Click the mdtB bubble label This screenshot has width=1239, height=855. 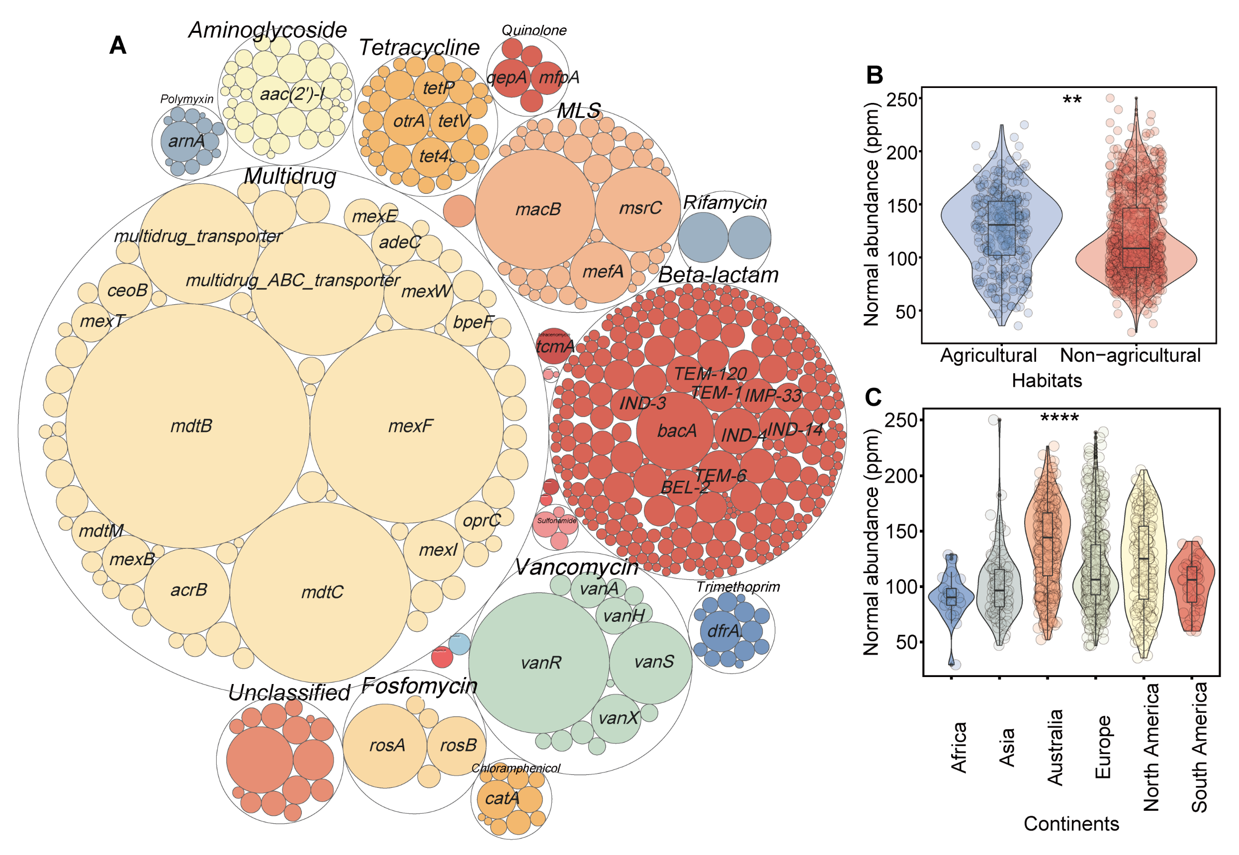click(x=191, y=426)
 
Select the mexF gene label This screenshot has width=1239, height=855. click(x=410, y=426)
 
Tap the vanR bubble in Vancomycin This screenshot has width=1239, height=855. click(x=540, y=663)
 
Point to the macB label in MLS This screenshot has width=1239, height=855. click(x=538, y=209)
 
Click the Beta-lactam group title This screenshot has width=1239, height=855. click(x=718, y=275)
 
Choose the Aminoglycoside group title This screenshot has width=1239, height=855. click(x=267, y=30)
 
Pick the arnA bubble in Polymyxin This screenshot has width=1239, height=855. click(x=186, y=141)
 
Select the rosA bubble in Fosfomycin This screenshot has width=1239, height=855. click(x=387, y=745)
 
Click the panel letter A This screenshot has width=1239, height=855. click(x=118, y=46)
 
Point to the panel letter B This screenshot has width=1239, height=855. click(x=874, y=76)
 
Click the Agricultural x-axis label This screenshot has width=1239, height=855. click(x=988, y=355)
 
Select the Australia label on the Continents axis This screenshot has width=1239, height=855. click(x=1055, y=747)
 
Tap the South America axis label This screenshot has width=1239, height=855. click(x=1199, y=747)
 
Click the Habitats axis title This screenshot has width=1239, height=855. click(x=1047, y=380)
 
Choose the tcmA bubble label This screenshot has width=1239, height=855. click(x=555, y=346)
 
